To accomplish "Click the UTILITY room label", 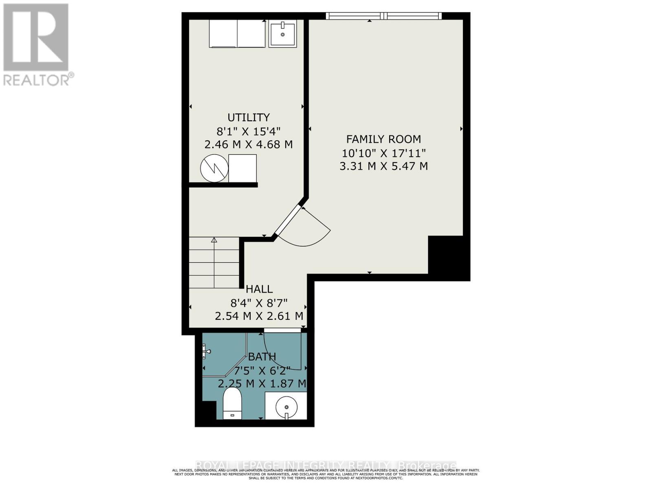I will (248, 117).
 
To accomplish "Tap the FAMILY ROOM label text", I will (383, 139).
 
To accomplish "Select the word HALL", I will (259, 289).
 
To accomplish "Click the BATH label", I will (262, 357).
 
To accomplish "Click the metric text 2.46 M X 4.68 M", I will (248, 144).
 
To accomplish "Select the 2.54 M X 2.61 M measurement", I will (259, 316).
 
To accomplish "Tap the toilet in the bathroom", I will (233, 403).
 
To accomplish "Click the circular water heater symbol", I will (214, 169).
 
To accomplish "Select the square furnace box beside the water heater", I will (242, 168).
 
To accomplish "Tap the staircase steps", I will (214, 263).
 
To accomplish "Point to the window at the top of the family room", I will (383, 16).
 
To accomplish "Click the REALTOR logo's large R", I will (36, 37).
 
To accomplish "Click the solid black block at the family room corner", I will (448, 257).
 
